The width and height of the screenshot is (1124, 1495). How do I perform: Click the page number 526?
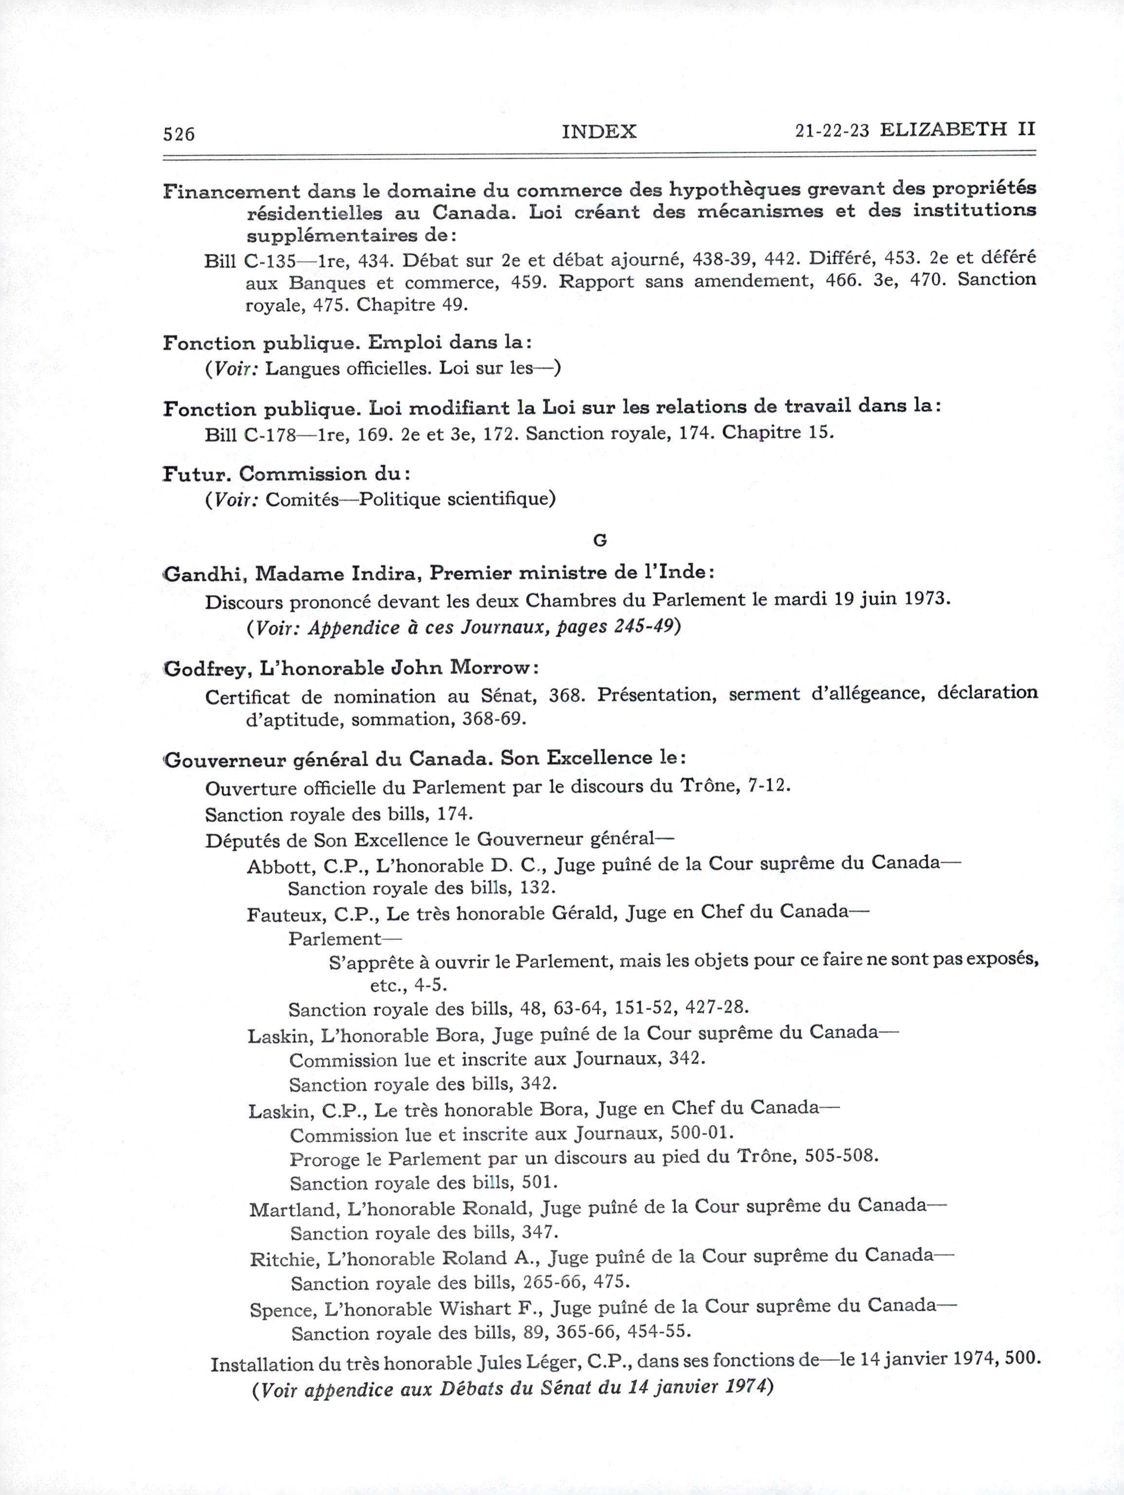tap(179, 134)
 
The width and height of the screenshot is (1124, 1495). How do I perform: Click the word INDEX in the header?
tap(599, 131)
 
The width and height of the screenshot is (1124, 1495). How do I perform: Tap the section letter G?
tap(599, 540)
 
